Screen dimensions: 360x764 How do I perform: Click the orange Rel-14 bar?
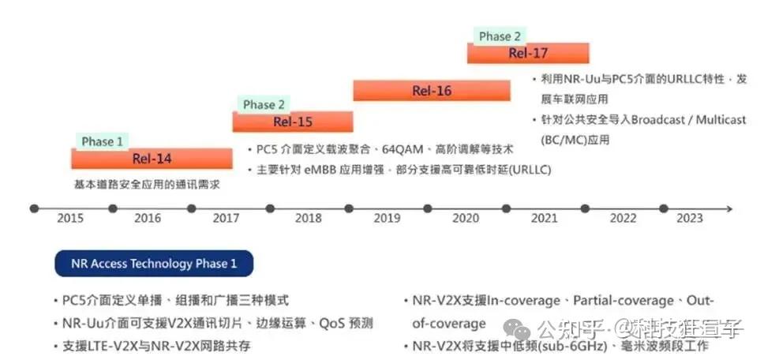152,159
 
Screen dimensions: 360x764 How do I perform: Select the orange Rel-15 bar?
293,122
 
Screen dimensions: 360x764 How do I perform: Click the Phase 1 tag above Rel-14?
103,141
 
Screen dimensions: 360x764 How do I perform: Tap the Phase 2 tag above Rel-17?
500,36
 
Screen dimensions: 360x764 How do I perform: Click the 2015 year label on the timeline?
71,219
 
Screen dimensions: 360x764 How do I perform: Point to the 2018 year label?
308,219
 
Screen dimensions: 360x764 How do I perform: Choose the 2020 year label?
466,219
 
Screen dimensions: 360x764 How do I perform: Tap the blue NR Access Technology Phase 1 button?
154,264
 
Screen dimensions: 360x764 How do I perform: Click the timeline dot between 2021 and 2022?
585,208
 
